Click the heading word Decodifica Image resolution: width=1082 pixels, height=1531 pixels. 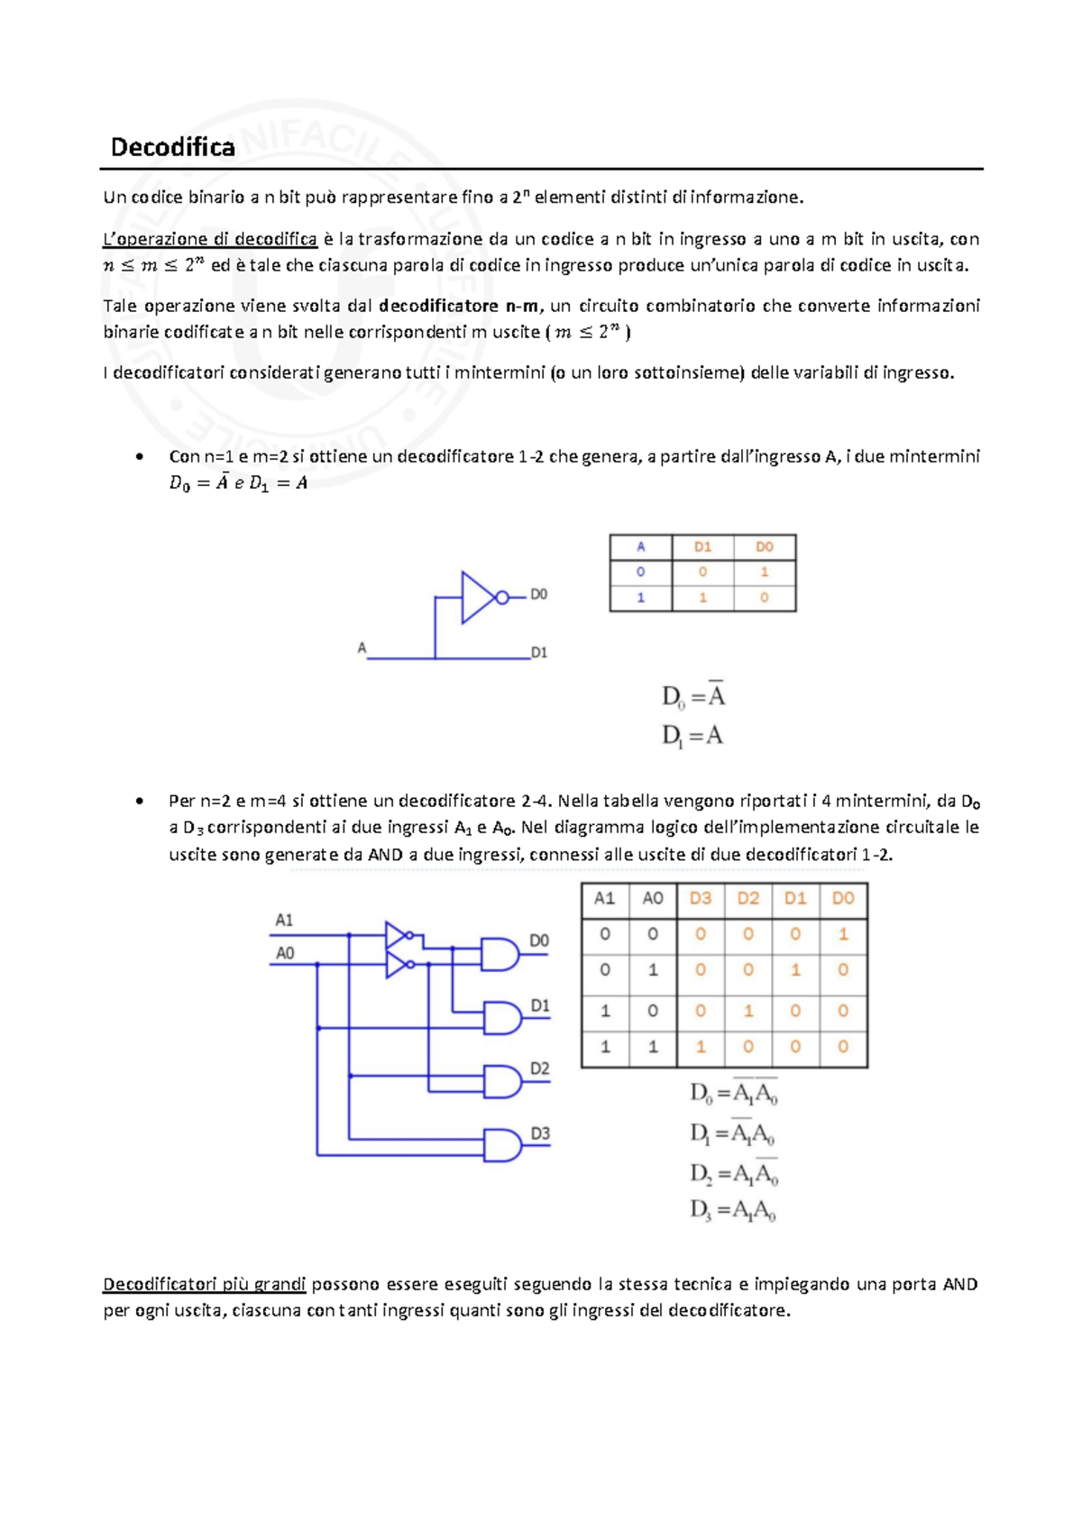pos(172,147)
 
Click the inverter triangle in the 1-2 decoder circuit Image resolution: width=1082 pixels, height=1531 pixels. pos(477,597)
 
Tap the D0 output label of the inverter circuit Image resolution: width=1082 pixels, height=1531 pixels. pos(538,594)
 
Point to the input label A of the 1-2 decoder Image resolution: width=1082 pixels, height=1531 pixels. pos(362,647)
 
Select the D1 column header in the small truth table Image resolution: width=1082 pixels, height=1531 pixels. pos(702,546)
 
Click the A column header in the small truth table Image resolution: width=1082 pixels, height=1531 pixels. pos(641,546)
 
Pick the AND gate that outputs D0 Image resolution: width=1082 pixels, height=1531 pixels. pos(499,954)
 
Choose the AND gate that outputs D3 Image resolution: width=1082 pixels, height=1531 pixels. pos(501,1145)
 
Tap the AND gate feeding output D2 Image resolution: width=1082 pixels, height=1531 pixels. pos(501,1081)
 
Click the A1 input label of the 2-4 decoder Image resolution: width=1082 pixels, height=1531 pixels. pos(284,920)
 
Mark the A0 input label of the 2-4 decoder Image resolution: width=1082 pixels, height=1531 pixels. pos(285,953)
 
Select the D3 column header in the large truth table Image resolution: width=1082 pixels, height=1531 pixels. pos(701,898)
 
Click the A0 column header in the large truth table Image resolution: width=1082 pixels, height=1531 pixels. pos(653,898)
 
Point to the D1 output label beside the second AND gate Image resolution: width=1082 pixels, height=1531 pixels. pos(539,1005)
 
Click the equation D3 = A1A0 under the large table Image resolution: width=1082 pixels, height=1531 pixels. pos(732,1210)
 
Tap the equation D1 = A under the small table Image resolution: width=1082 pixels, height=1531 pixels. pos(692,736)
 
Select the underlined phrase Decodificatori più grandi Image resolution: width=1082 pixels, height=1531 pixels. pos(205,1284)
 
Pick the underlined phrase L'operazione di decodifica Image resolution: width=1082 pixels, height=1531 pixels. pos(210,239)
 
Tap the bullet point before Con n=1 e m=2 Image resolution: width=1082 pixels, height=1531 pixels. pos(139,456)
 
